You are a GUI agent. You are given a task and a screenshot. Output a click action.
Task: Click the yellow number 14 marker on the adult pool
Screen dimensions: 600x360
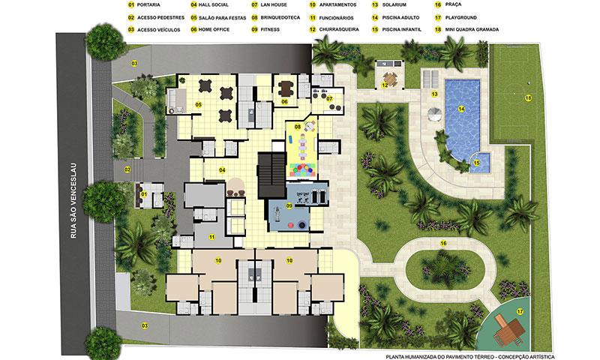(x=461, y=109)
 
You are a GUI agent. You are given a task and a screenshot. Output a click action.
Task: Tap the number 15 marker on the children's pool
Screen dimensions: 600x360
(x=476, y=163)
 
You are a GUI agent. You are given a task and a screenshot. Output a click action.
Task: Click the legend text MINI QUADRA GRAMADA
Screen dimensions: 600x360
(x=472, y=29)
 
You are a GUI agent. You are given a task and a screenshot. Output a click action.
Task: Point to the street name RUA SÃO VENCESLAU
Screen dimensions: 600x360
(x=73, y=201)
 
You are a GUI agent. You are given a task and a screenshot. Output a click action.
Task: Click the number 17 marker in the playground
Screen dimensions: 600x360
(x=520, y=312)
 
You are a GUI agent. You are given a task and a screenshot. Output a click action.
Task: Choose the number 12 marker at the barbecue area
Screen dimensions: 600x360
(x=385, y=85)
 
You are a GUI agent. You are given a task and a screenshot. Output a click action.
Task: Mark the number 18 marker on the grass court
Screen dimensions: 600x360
(x=528, y=98)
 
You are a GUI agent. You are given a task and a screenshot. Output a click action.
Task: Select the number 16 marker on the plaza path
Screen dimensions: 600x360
(x=443, y=243)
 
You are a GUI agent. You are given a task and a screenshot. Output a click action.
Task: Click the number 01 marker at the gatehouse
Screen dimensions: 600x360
(x=143, y=194)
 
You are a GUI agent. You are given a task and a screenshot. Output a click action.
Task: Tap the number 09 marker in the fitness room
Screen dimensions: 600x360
(x=289, y=205)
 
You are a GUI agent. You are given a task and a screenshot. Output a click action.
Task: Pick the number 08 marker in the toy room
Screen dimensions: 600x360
(x=297, y=127)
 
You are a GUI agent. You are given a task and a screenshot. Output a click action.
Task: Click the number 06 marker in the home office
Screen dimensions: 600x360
(x=284, y=102)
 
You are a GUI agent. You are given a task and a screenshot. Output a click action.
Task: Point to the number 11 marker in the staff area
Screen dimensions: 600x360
(x=211, y=237)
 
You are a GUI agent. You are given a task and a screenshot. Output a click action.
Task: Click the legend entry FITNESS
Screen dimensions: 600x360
(x=270, y=29)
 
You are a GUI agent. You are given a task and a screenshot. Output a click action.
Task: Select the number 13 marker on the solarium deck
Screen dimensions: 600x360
(x=434, y=94)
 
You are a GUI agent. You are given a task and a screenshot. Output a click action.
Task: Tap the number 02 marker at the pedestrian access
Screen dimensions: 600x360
(x=127, y=169)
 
